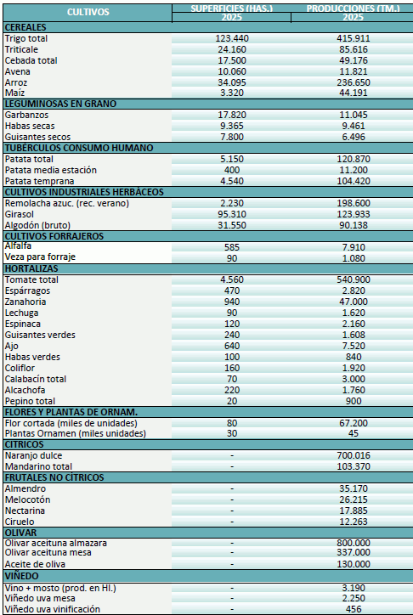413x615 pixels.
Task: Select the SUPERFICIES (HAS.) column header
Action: tap(232, 13)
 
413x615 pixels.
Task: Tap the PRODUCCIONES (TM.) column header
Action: tap(352, 13)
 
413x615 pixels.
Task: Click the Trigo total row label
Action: tap(26, 39)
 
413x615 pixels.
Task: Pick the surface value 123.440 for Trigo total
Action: tap(232, 39)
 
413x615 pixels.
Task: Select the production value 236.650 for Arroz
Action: tap(352, 82)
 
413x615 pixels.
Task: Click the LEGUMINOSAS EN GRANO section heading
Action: tap(60, 104)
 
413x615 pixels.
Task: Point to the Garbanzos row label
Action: tap(26, 114)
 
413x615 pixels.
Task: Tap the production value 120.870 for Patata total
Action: tap(352, 159)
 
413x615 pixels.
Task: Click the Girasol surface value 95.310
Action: tap(232, 214)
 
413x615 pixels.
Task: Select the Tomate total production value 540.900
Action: tap(352, 279)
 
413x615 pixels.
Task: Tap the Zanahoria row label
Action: tap(25, 302)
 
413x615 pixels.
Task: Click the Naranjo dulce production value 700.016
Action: tap(352, 456)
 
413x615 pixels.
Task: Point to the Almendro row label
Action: tap(25, 489)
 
